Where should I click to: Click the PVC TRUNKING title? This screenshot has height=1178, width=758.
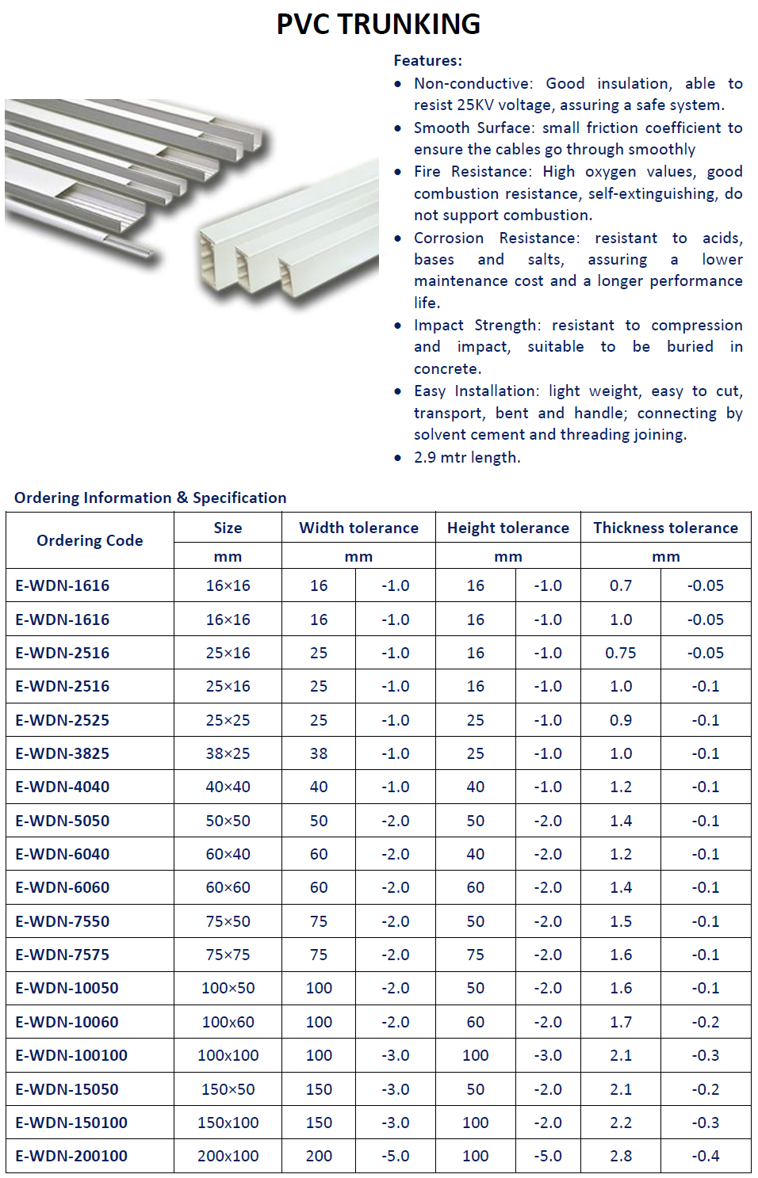click(x=378, y=25)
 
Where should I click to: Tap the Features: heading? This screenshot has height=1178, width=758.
click(x=427, y=60)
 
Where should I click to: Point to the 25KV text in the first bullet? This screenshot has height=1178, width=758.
click(x=475, y=105)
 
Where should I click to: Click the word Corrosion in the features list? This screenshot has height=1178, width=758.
click(x=448, y=238)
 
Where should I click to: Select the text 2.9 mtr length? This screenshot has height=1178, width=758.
click(x=466, y=457)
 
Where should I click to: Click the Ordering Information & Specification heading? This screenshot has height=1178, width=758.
click(x=151, y=498)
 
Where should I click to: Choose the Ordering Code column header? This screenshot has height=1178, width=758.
click(x=90, y=540)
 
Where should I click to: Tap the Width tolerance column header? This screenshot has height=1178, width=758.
click(x=358, y=528)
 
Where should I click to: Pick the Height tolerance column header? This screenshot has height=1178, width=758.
click(x=507, y=528)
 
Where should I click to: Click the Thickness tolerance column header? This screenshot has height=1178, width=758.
click(x=665, y=528)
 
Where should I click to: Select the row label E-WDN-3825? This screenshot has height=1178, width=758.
click(x=63, y=753)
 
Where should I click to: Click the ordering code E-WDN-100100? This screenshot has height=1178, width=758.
click(x=71, y=1055)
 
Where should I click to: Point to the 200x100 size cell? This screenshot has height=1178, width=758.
click(x=228, y=1156)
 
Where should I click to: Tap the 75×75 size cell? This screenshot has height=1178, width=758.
click(x=228, y=955)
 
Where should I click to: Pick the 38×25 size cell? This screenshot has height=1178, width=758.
click(x=228, y=753)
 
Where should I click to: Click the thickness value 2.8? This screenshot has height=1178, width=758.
click(x=621, y=1156)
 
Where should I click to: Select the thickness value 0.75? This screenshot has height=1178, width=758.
click(x=621, y=653)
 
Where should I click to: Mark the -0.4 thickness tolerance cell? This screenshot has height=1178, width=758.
click(x=705, y=1156)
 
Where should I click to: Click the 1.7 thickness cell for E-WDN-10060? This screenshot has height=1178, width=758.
click(x=621, y=1022)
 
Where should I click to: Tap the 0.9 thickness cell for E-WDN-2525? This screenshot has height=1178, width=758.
click(x=621, y=720)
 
